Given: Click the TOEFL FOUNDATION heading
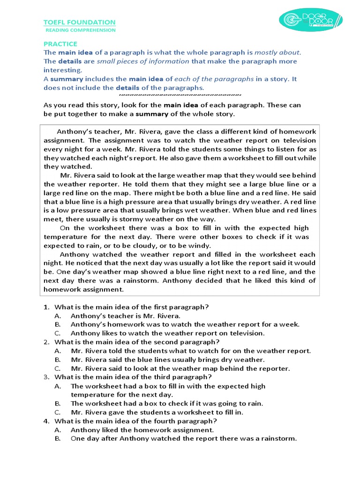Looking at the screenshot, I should click(x=79, y=22).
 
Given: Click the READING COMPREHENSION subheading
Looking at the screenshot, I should click(x=80, y=30).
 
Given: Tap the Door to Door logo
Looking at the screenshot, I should click(x=311, y=20).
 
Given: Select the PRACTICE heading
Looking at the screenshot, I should click(x=60, y=44).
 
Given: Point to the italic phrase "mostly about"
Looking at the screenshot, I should click(x=277, y=52).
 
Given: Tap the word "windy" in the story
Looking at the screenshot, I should click(x=199, y=245).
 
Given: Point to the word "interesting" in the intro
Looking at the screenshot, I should click(x=62, y=70).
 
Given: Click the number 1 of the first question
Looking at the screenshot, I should click(x=46, y=307).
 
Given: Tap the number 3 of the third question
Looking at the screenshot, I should click(x=46, y=377).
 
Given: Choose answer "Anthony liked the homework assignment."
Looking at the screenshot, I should click(x=142, y=430).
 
